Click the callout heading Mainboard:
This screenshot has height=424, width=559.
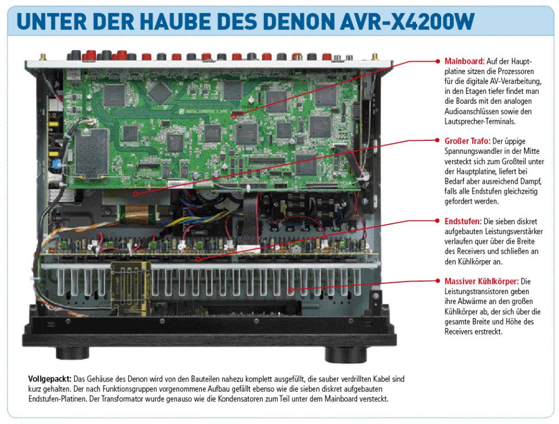pyautogui.click(x=465, y=61)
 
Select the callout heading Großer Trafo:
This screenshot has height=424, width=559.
pyautogui.click(x=467, y=141)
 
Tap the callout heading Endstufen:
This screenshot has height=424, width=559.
pyautogui.click(x=463, y=221)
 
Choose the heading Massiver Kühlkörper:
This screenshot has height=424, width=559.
pyautogui.click(x=481, y=282)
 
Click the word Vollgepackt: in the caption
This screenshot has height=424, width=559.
pyautogui.click(x=50, y=379)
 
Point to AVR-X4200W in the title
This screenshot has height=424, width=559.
pyautogui.click(x=407, y=22)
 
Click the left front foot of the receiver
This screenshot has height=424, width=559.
pyautogui.click(x=73, y=353)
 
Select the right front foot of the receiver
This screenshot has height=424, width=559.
pyautogui.click(x=346, y=354)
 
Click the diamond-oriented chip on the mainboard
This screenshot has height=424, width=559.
pyautogui.click(x=160, y=93)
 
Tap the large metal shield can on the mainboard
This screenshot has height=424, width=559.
pyautogui.click(x=92, y=153)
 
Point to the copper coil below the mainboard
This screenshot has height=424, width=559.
pyautogui.click(x=136, y=214)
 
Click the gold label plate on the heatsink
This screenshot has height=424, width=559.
pyautogui.click(x=130, y=289)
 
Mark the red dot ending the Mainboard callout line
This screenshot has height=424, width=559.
pyautogui.click(x=438, y=61)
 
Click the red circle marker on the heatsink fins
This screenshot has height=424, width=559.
pyautogui.click(x=290, y=290)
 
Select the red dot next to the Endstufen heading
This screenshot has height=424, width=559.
pyautogui.click(x=438, y=221)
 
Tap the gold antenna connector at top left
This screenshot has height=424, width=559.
pyautogui.click(x=43, y=57)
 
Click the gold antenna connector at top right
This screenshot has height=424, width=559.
pyautogui.click(x=374, y=57)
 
